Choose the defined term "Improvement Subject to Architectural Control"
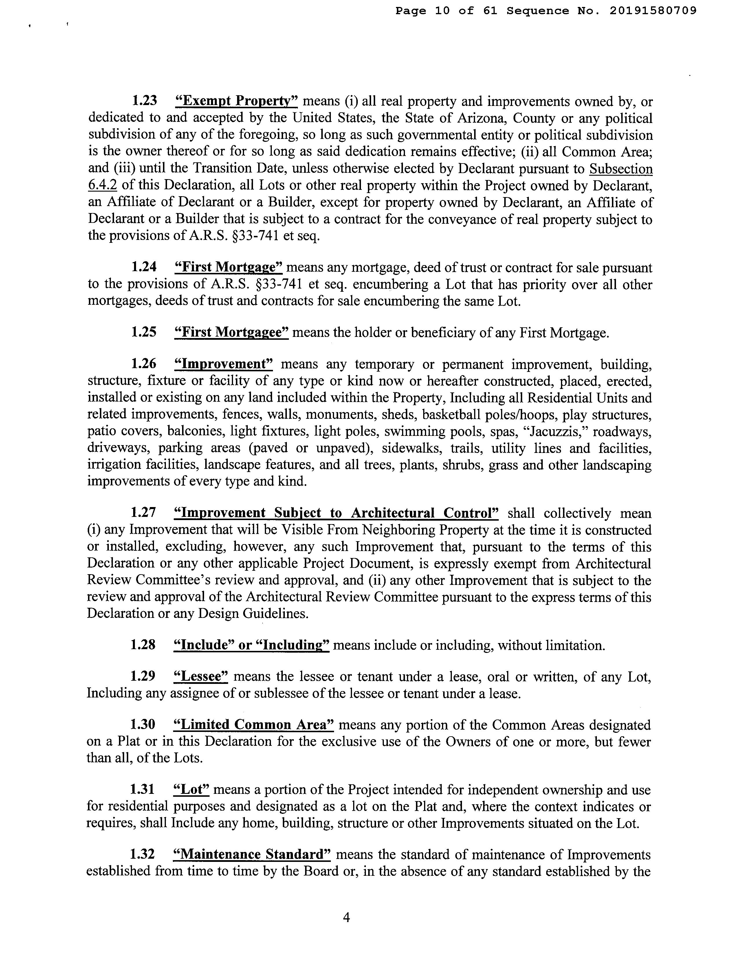[337, 513]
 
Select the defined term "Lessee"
[201, 676]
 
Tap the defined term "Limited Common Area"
[254, 725]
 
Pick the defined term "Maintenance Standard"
[252, 854]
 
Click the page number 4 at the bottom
[346, 917]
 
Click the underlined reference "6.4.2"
[102, 186]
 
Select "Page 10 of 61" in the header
[446, 11]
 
